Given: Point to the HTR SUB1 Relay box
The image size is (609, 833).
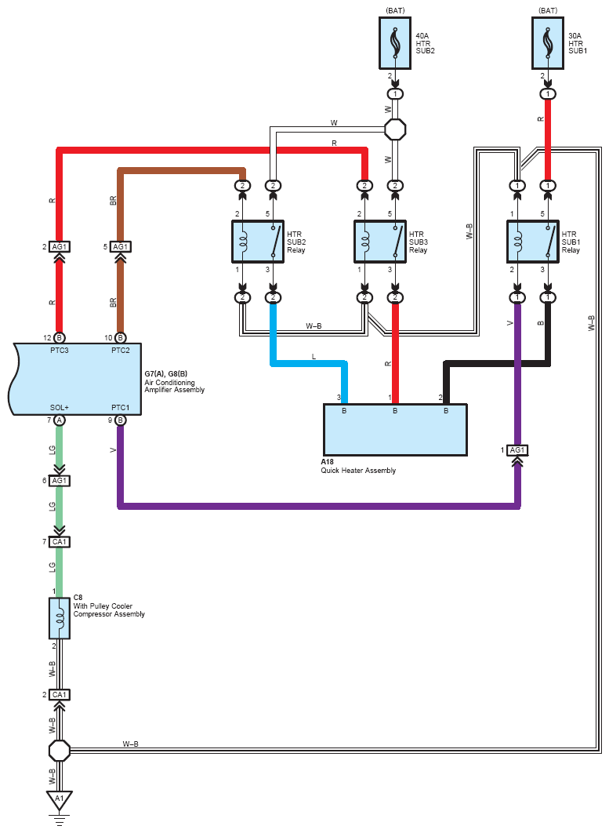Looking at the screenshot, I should point(532,241).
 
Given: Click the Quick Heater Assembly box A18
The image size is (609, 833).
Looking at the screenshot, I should point(395,429).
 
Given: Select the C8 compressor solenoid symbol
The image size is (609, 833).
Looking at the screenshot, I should point(59,619).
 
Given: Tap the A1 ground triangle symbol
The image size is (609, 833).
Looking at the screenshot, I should point(57,800).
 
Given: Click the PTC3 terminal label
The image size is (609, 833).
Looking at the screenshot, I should point(60,349).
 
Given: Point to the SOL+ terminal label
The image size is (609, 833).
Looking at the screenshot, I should point(60,407).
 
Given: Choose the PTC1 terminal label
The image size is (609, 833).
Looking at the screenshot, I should point(120,407).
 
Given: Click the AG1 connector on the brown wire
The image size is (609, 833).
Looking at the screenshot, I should point(120,246).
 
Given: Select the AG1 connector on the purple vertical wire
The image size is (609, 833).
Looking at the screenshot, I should point(517,449).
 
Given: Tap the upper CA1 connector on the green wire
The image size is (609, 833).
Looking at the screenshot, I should point(60,542).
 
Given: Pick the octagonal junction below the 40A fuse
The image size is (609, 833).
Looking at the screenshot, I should point(395,129).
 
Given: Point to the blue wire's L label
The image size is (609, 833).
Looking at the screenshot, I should point(314,357).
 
